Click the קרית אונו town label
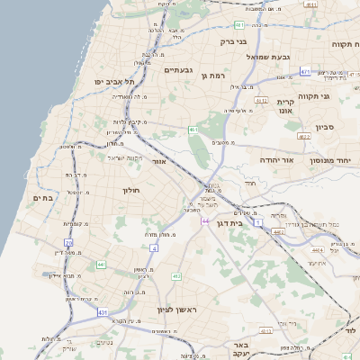point(287,106)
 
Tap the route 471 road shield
point(306,70)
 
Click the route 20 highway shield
point(69,242)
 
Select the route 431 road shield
point(102,311)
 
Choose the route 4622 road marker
point(303,136)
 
